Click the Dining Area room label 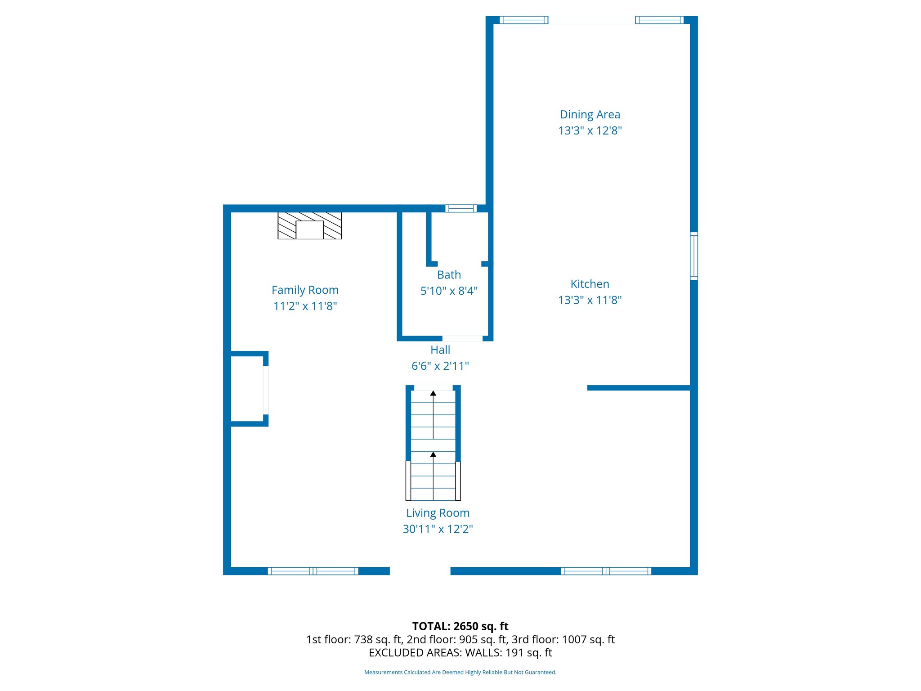click(590, 115)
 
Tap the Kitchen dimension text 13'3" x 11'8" click(590, 300)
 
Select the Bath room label click(449, 275)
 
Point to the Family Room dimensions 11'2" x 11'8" click(305, 306)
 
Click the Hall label click(440, 350)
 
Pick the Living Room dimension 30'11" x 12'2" click(438, 529)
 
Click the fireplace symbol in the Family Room click(309, 225)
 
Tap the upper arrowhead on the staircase click(433, 394)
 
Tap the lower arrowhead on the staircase click(433, 455)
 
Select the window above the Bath click(461, 208)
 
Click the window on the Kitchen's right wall click(694, 256)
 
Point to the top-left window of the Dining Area click(523, 20)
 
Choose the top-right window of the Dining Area click(659, 20)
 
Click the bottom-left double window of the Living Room click(313, 571)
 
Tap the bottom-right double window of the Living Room click(606, 571)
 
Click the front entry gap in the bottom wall click(420, 571)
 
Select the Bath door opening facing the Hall click(462, 338)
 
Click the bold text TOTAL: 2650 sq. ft click(460, 626)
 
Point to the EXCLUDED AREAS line click(460, 653)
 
